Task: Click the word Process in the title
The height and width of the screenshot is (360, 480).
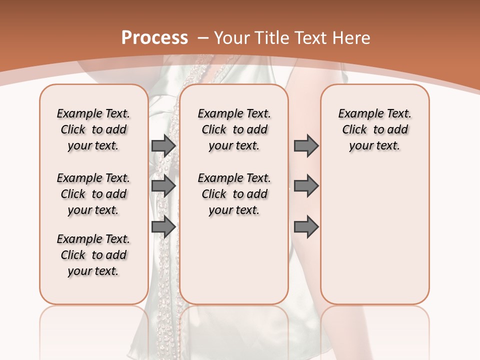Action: pos(154,37)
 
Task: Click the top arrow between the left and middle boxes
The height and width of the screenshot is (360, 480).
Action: pos(163,145)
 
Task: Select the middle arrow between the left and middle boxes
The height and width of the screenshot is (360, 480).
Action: pos(163,186)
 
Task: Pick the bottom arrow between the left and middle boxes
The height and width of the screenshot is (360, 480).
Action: pos(163,227)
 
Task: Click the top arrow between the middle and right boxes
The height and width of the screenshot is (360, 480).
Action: pos(306,145)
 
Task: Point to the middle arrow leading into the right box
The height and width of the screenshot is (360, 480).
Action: pos(306,186)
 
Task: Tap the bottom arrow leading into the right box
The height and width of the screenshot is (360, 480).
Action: pos(306,227)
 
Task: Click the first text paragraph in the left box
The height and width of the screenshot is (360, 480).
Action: pos(93,129)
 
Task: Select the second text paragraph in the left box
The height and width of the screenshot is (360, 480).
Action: pos(93,194)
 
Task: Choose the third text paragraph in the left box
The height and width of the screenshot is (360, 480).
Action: pos(93,255)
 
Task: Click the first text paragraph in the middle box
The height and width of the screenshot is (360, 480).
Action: pos(234,129)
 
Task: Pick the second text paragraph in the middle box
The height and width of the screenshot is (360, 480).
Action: pos(234,194)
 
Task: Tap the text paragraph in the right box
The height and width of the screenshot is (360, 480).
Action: pos(374,129)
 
